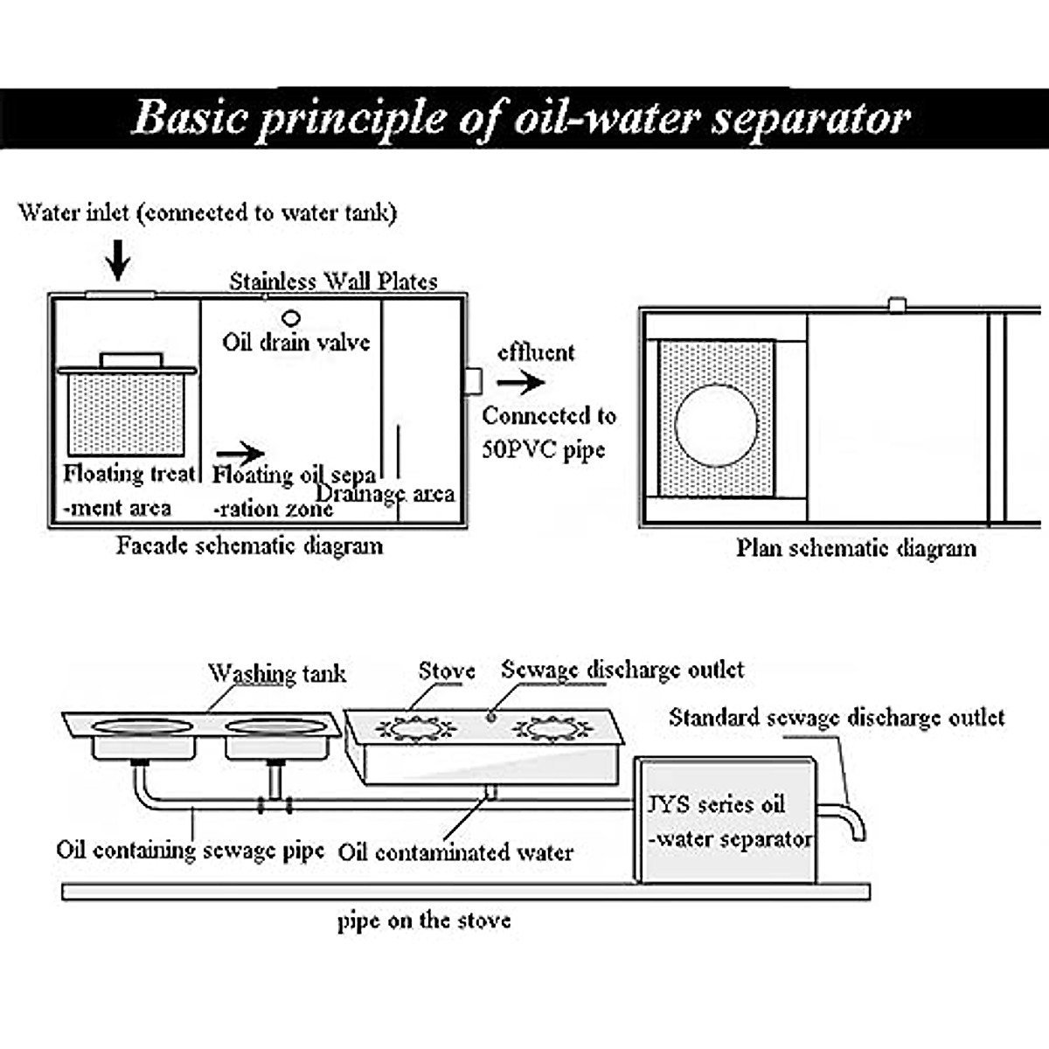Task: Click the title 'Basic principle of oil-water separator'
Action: coord(522,118)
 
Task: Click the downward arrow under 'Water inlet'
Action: coord(118,258)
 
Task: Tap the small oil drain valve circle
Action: coord(291,318)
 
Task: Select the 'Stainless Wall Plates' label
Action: coord(333,281)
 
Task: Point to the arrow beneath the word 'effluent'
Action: coord(521,382)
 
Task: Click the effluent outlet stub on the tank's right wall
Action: coord(472,381)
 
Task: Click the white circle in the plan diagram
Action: coord(716,426)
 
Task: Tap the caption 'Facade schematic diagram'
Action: coord(250,546)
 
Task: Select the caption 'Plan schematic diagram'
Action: coord(856,548)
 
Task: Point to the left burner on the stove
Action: coord(415,727)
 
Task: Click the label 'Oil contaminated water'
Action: coord(455,852)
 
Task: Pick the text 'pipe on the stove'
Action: coord(424,920)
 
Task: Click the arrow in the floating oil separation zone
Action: coord(240,453)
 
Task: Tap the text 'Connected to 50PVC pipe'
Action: coord(548,433)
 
